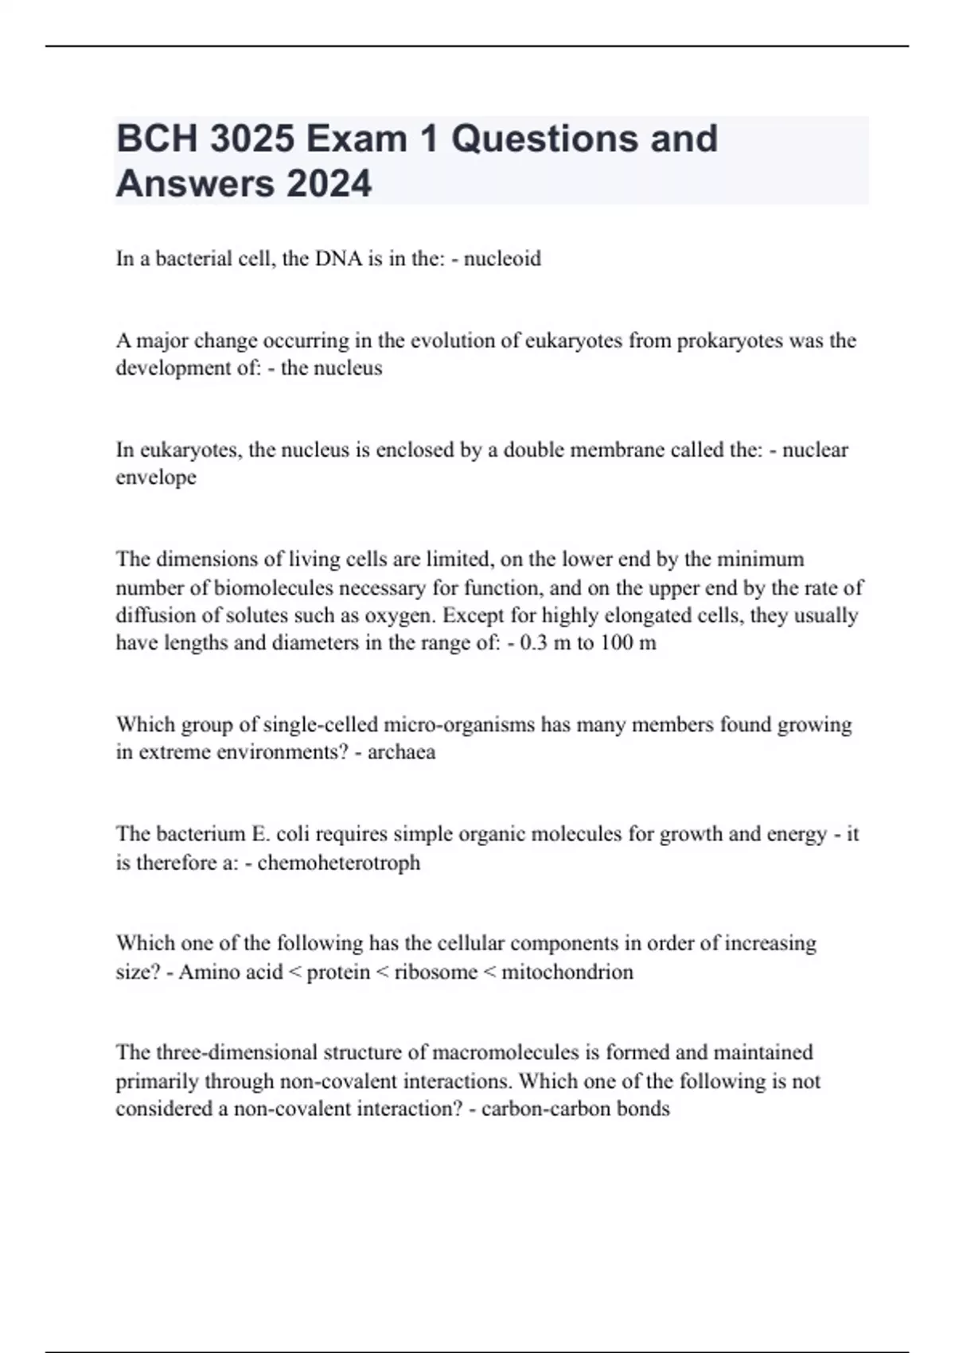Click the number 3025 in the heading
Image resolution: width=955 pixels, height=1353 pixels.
[x=251, y=139]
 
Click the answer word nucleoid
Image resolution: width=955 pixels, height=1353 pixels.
[x=502, y=259]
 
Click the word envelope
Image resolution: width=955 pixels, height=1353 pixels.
[x=156, y=478]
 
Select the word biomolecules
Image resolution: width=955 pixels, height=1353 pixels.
[x=281, y=588]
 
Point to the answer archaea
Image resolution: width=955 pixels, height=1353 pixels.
[x=401, y=752]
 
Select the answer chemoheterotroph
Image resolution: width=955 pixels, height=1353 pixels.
[x=339, y=863]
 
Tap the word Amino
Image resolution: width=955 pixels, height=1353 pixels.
[x=204, y=973]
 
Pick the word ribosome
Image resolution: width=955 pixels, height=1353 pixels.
[x=435, y=973]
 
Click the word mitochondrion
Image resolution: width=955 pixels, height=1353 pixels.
[x=567, y=973]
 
